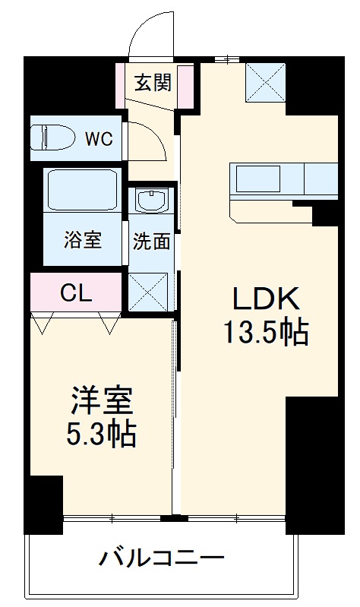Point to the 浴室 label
coord(81,241)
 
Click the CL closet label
coord(76,292)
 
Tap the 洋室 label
coord(103,400)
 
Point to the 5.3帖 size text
coord(103,434)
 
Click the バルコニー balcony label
coord(162,560)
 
